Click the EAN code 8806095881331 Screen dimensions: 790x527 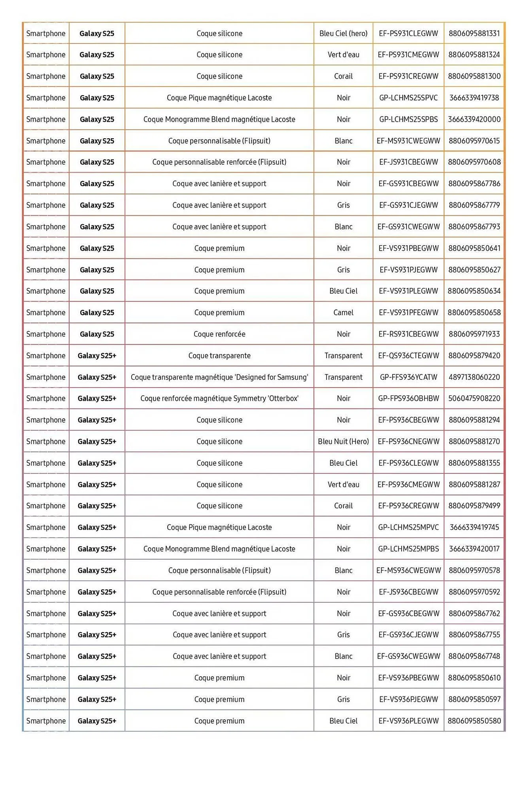click(474, 34)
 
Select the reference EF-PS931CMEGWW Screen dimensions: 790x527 click(408, 55)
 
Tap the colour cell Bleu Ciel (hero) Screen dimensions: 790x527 click(343, 34)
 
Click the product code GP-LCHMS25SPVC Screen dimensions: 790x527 click(408, 98)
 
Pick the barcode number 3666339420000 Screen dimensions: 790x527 click(474, 119)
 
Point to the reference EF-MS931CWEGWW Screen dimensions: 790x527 click(408, 141)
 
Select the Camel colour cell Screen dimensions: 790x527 click(343, 312)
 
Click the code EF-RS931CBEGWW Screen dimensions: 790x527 click(408, 334)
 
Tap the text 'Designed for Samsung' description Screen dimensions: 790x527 click(219, 377)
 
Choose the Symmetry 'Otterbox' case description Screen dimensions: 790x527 click(219, 399)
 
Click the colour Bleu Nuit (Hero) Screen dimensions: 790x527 click(343, 442)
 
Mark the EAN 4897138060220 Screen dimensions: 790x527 click(474, 377)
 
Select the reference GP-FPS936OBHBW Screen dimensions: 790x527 click(408, 399)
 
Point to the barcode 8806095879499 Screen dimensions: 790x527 click(474, 506)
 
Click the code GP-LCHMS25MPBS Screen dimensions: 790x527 click(408, 549)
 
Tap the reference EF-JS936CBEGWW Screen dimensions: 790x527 click(408, 592)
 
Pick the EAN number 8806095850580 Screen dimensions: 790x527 click(474, 721)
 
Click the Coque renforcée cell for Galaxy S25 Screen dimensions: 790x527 click(219, 334)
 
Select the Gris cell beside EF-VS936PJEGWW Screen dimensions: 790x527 click(343, 700)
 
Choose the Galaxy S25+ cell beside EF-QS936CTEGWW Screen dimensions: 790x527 click(97, 355)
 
